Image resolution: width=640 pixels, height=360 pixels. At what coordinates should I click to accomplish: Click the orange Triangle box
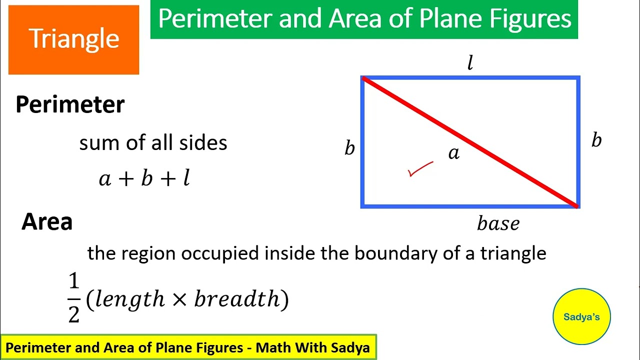click(x=73, y=39)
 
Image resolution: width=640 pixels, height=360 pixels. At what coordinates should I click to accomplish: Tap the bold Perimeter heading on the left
click(x=70, y=104)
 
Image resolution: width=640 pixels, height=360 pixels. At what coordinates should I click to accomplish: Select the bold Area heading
click(x=47, y=221)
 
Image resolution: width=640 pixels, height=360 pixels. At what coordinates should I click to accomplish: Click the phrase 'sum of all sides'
click(x=153, y=143)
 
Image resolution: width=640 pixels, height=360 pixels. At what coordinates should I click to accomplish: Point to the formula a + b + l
click(x=144, y=178)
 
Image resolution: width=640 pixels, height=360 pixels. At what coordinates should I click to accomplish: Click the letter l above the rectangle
click(x=470, y=63)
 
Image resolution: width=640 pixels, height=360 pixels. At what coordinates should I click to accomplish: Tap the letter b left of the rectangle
click(x=349, y=147)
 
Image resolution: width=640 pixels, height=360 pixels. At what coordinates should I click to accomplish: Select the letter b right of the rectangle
click(x=596, y=140)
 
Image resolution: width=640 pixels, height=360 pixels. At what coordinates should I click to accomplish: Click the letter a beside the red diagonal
click(x=453, y=153)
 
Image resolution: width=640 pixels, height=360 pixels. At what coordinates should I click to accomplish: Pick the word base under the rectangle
click(x=498, y=223)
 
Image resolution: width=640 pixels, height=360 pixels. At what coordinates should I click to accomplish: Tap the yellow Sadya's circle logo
click(x=581, y=316)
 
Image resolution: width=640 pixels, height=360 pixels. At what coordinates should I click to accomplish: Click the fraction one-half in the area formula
click(x=74, y=298)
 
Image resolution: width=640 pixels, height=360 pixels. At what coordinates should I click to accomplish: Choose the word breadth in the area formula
click(x=238, y=299)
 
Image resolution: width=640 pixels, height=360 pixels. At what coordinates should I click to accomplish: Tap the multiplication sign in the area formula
click(x=179, y=299)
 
